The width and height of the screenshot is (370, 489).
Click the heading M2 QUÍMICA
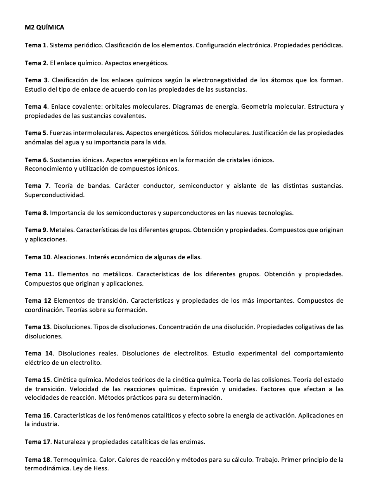click(x=44, y=28)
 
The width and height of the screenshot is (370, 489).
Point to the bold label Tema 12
click(x=38, y=301)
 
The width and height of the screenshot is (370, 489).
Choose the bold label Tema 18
click(x=38, y=460)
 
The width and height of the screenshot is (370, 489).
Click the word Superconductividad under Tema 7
click(x=54, y=195)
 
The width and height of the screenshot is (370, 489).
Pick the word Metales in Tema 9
click(x=61, y=230)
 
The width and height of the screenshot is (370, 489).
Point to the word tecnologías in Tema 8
click(x=276, y=213)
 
